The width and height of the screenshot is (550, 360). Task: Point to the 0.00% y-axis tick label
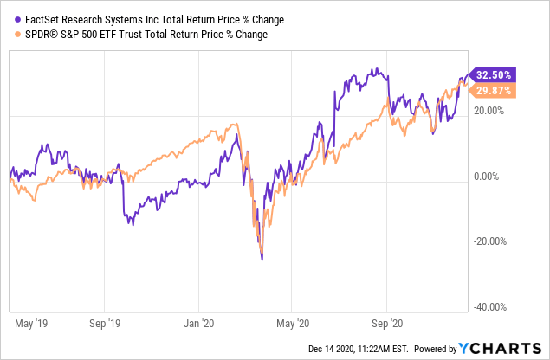[x=495, y=177]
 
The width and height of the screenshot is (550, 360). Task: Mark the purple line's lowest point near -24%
[x=262, y=259]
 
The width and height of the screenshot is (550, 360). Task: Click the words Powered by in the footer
[x=437, y=349]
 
